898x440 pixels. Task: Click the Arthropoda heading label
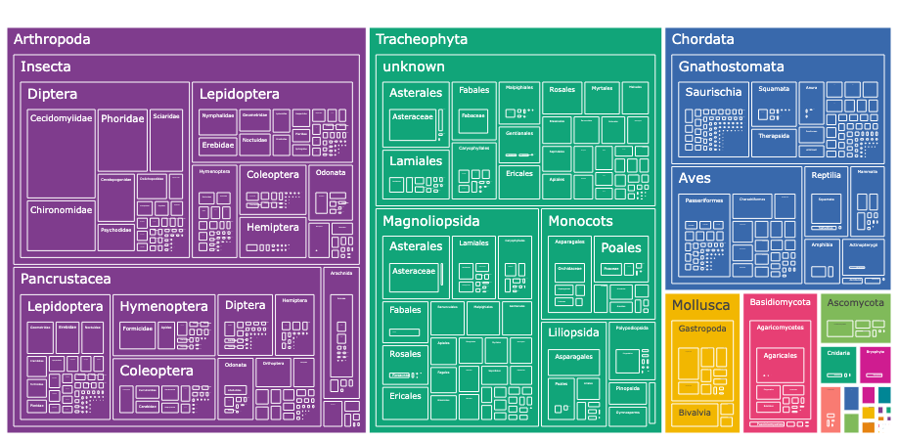[53, 40]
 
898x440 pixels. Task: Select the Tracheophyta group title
[422, 40]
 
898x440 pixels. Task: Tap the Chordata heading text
[702, 40]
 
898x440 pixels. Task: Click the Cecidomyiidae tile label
[61, 118]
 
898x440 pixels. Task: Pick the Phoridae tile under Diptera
[122, 119]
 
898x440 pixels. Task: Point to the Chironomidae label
[61, 210]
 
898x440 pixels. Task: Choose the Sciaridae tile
[166, 116]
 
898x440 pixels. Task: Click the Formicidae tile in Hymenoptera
[138, 329]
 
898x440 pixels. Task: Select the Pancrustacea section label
[65, 279]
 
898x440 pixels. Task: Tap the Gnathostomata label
[731, 67]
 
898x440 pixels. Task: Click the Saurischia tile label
[714, 92]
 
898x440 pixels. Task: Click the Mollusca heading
[700, 305]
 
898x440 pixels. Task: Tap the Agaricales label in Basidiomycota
[780, 355]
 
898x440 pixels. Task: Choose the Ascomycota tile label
[855, 303]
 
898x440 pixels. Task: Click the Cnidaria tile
[837, 352]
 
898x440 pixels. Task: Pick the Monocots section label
[580, 221]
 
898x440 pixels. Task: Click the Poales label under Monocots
[621, 247]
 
